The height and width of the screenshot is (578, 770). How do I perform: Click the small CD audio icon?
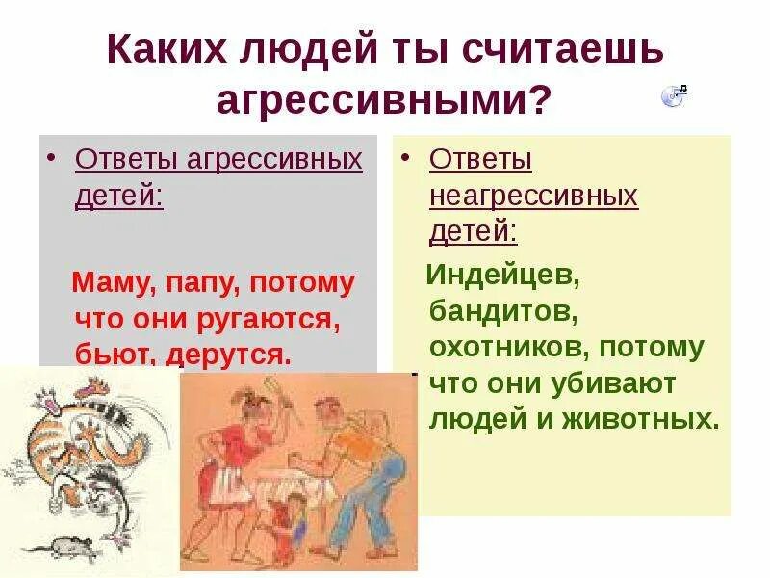[x=673, y=94]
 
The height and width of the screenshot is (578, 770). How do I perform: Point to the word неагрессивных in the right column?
[x=533, y=196]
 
